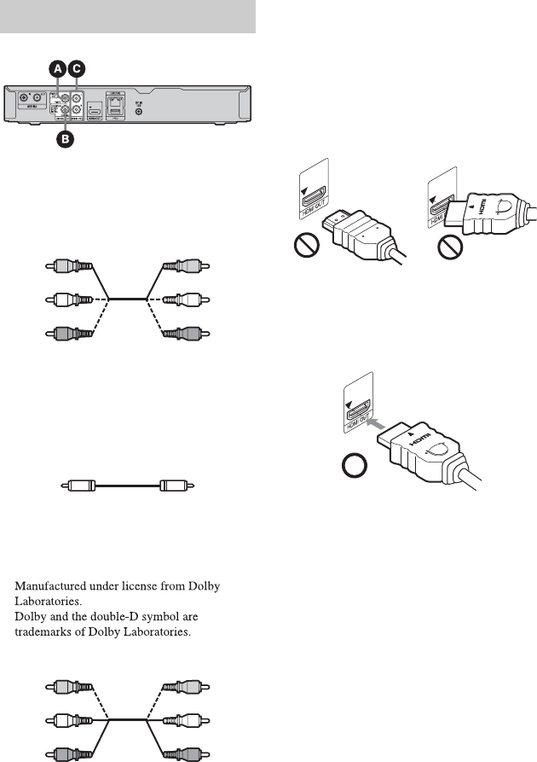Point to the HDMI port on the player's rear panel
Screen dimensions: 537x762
(x=95, y=112)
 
